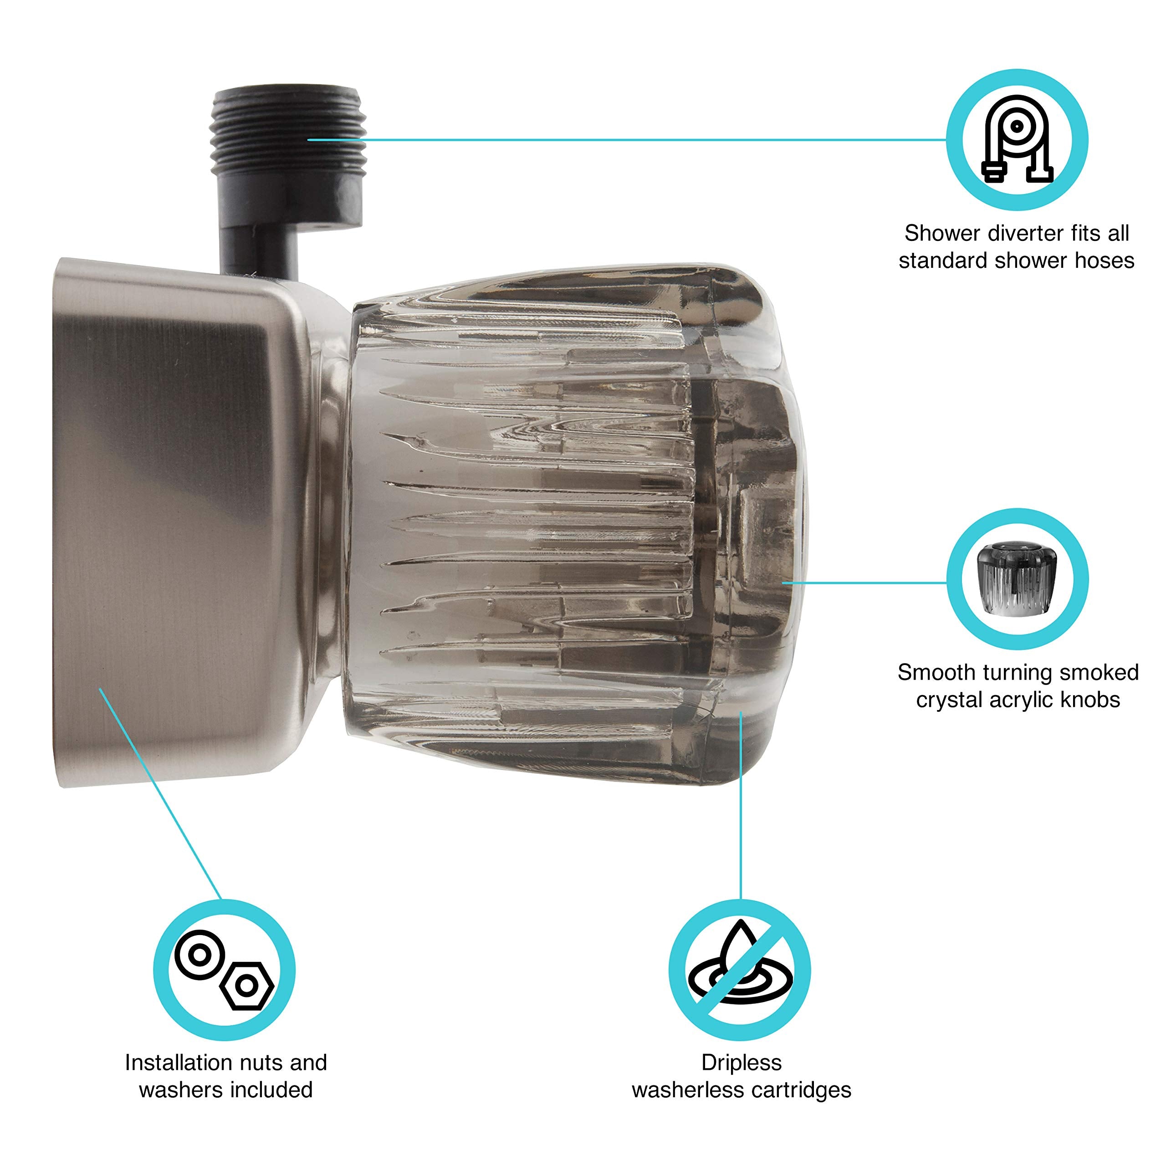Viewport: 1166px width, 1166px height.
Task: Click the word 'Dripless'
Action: click(741, 1062)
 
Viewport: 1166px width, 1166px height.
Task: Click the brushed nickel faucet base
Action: click(175, 519)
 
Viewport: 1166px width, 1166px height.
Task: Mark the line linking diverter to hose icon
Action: click(628, 140)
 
